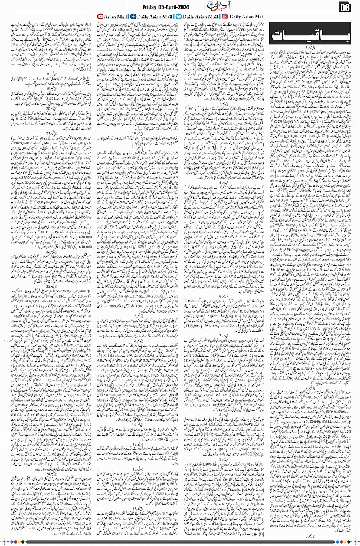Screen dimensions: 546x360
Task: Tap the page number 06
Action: (x=346, y=7)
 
